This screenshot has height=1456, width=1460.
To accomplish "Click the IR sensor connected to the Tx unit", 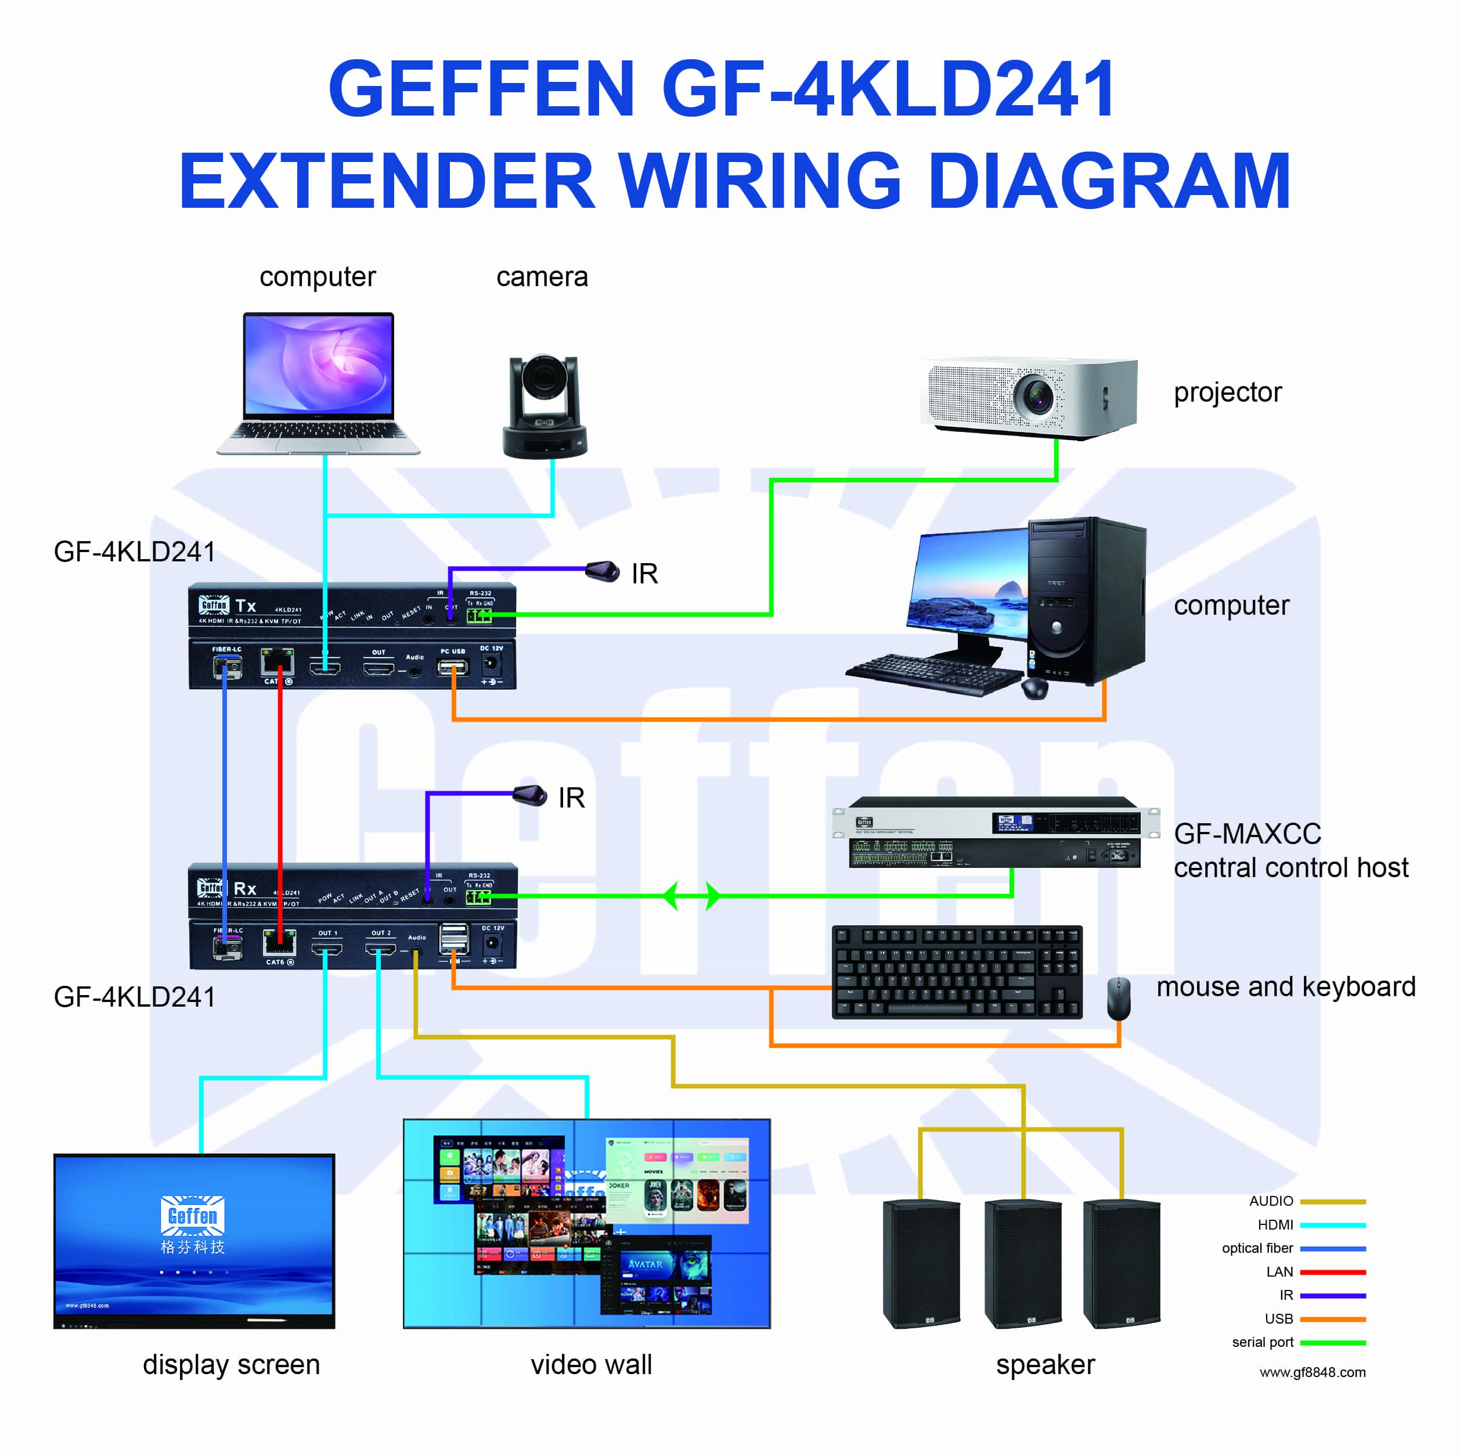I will tap(603, 571).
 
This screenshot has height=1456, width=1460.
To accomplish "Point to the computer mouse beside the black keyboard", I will tap(1119, 997).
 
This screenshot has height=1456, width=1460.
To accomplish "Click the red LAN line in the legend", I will tap(1332, 1271).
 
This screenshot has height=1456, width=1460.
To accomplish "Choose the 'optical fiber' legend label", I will tap(1257, 1248).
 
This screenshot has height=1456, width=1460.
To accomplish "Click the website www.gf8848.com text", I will tap(1312, 1372).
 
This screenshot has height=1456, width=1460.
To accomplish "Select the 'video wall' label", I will tap(591, 1365).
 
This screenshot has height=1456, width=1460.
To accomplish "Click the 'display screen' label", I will tap(231, 1365).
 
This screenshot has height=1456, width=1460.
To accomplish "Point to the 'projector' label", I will tap(1227, 392).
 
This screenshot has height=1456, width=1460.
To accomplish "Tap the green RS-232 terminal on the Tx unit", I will tap(479, 615).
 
